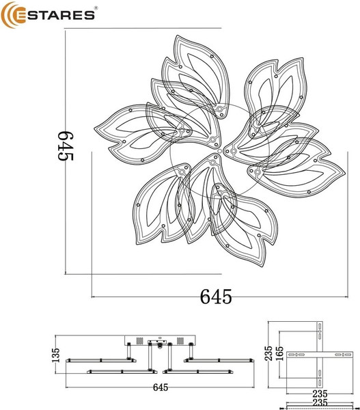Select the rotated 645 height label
[65, 146]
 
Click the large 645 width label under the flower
[216, 297]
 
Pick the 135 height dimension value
[57, 355]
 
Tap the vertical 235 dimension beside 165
[270, 353]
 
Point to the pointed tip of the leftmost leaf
[93, 127]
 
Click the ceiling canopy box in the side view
[159, 341]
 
